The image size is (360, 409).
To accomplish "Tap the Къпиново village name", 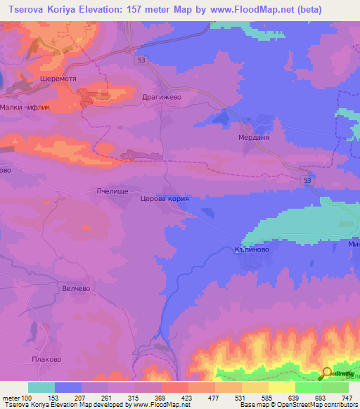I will tap(252, 249).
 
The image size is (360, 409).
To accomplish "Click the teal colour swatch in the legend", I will tap(41, 387).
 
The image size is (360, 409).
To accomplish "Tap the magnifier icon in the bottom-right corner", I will tap(327, 375).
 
